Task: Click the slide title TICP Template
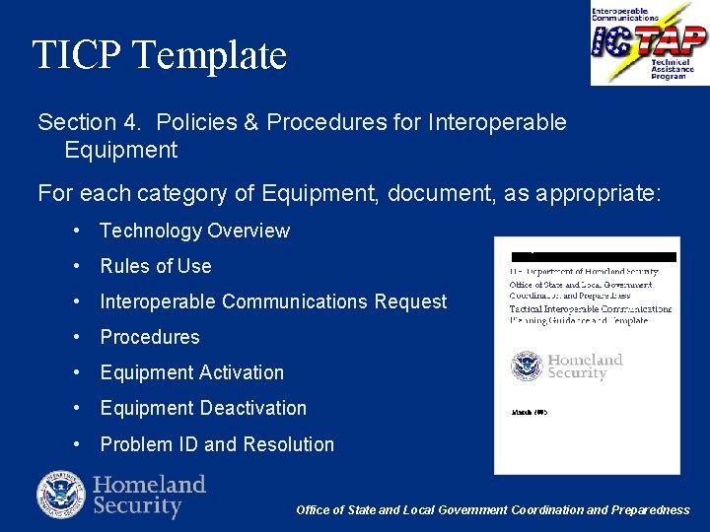click(x=159, y=55)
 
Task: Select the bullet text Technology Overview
click(x=194, y=231)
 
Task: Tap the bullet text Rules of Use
click(x=156, y=266)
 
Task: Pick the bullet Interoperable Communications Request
click(x=273, y=301)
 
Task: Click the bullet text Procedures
click(x=150, y=337)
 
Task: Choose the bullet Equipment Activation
click(x=191, y=372)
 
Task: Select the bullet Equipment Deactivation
click(x=203, y=408)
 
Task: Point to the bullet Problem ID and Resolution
click(x=217, y=444)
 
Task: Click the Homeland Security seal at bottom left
click(x=61, y=495)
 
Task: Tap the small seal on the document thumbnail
click(x=527, y=366)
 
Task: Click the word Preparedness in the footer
click(x=651, y=509)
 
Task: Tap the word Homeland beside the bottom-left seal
click(x=149, y=484)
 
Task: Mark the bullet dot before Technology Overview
click(x=77, y=231)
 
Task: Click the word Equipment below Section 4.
click(x=120, y=150)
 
